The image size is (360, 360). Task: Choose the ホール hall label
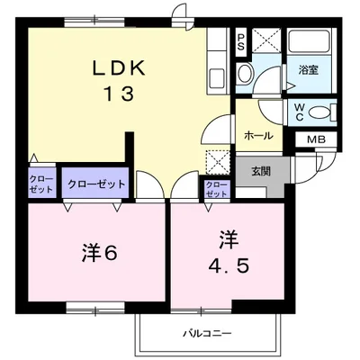click(258, 135)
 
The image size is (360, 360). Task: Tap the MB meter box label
click(316, 139)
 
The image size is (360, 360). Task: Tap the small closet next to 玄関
click(218, 189)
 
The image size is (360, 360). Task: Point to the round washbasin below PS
click(246, 74)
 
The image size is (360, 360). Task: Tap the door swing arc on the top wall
click(180, 16)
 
